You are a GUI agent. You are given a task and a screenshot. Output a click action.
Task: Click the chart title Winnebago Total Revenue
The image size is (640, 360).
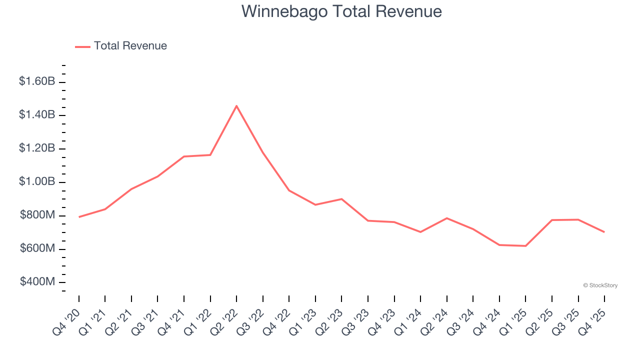[x=341, y=11]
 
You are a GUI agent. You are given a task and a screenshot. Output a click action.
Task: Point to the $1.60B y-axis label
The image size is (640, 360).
[x=37, y=81]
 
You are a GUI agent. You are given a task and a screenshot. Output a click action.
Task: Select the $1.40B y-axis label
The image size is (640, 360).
[x=37, y=114]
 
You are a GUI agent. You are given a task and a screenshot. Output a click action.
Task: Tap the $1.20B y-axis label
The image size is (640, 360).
[x=37, y=148]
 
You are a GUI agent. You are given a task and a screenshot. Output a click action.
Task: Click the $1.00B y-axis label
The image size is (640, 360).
[x=37, y=181]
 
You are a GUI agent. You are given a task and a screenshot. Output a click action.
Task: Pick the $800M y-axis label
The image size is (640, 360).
[x=37, y=215]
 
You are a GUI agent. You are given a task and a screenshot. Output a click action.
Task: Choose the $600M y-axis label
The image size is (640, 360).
[x=37, y=248]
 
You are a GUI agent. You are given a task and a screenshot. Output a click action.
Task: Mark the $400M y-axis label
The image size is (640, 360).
[x=37, y=282]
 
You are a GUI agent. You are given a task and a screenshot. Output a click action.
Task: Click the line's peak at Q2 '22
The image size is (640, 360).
[x=236, y=105]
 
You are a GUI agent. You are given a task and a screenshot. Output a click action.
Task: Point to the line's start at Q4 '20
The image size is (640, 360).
[x=79, y=217]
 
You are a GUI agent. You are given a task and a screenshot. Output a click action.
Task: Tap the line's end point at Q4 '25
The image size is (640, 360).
[x=604, y=232]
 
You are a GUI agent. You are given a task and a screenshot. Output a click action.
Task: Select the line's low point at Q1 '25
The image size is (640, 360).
[x=525, y=246]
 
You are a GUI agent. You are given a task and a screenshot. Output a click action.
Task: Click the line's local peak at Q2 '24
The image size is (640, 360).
[x=446, y=218]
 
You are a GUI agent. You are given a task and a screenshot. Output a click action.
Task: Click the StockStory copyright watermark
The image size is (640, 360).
[x=600, y=285]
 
